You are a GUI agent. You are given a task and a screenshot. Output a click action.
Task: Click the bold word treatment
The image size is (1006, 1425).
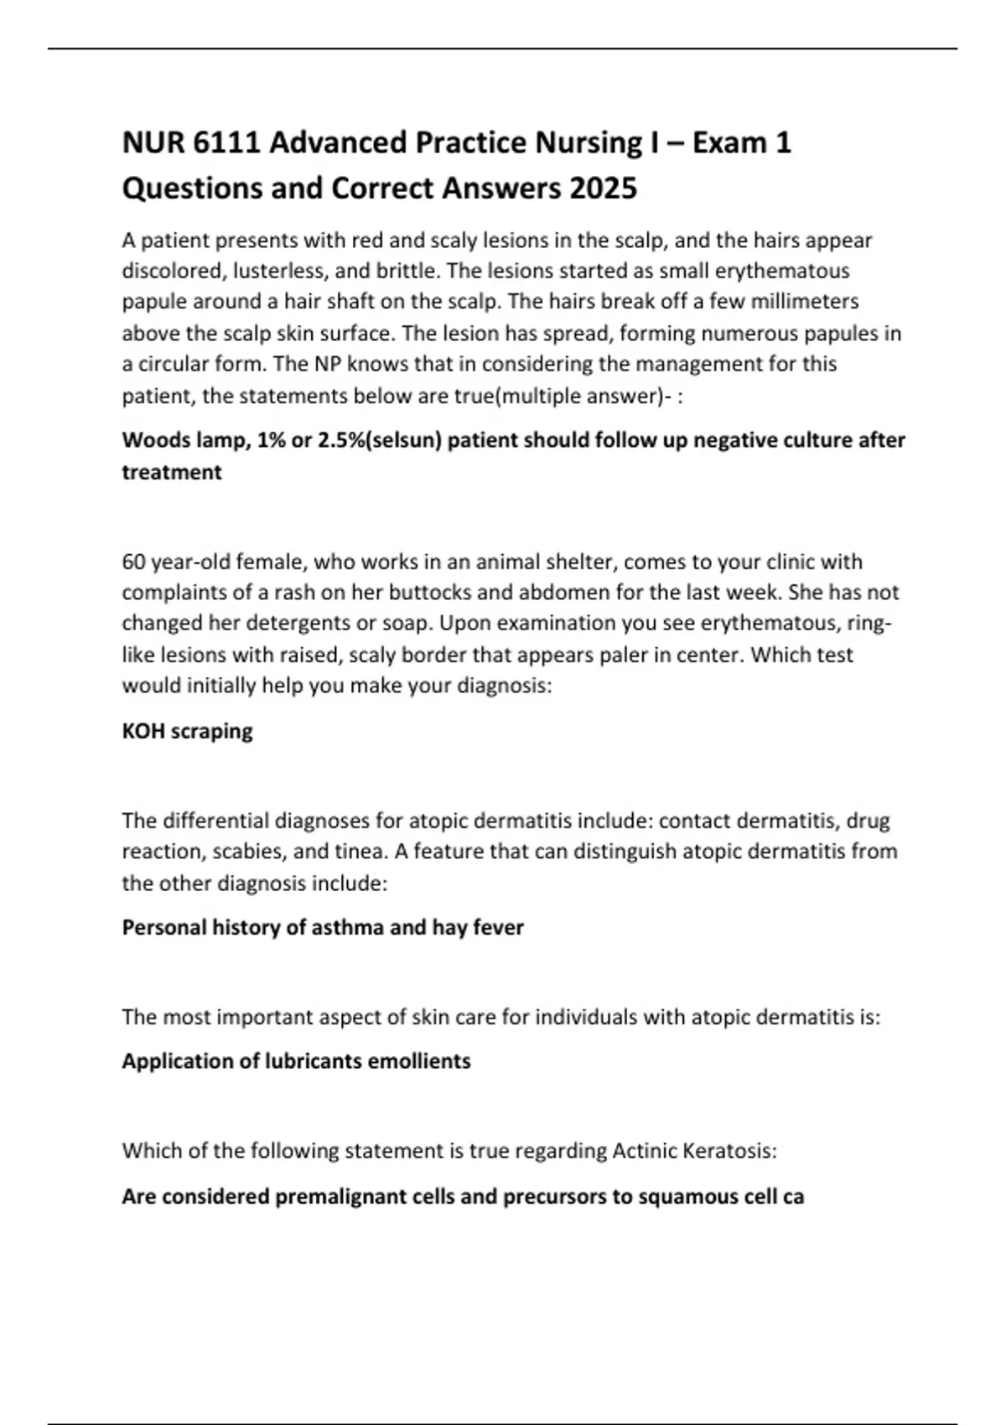click(x=172, y=472)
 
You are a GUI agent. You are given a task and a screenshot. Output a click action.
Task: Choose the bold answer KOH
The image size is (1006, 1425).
click(x=143, y=731)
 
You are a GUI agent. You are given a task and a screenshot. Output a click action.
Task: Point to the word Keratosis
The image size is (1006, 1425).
click(x=726, y=1151)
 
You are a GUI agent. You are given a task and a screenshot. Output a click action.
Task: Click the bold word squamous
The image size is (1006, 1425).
click(x=679, y=1197)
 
